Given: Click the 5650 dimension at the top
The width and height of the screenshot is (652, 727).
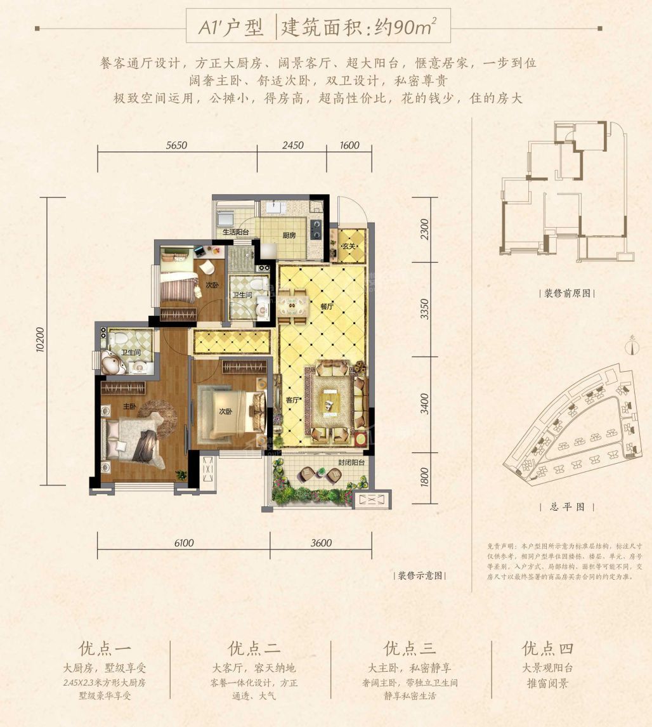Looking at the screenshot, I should click(177, 145).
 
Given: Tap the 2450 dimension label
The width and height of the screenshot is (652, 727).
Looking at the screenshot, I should click(291, 145).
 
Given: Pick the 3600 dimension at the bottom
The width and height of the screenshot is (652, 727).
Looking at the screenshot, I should click(322, 543).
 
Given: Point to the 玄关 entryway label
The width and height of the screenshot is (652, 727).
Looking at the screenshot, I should click(348, 246).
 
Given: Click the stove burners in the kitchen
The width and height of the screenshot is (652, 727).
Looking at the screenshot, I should click(315, 228).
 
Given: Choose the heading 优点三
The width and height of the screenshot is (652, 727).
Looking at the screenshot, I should click(410, 648).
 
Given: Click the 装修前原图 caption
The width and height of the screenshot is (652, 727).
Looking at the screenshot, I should click(567, 294).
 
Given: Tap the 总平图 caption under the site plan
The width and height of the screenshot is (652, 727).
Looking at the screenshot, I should click(566, 507).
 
